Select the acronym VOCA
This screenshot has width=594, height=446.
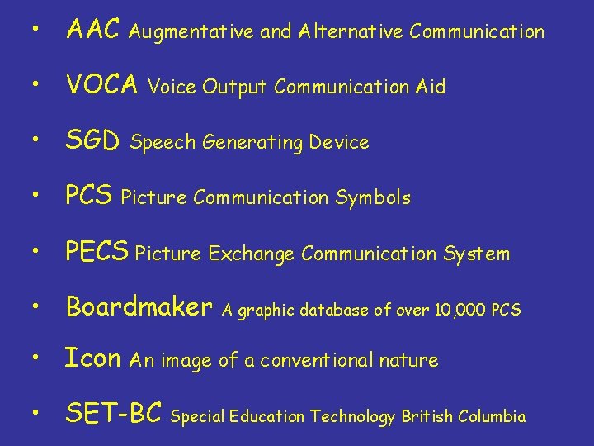(x=101, y=85)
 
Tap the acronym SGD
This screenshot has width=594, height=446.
(x=93, y=141)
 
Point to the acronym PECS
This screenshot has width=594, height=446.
(x=97, y=252)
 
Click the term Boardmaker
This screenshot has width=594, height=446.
(x=139, y=307)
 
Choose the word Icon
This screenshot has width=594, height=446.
(x=93, y=358)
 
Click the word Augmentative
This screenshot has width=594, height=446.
(x=192, y=33)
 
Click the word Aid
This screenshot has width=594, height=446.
(x=431, y=87)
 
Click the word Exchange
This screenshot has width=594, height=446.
(x=251, y=254)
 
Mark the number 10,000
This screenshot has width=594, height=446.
(x=454, y=311)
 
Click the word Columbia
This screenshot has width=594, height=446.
(x=490, y=417)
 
